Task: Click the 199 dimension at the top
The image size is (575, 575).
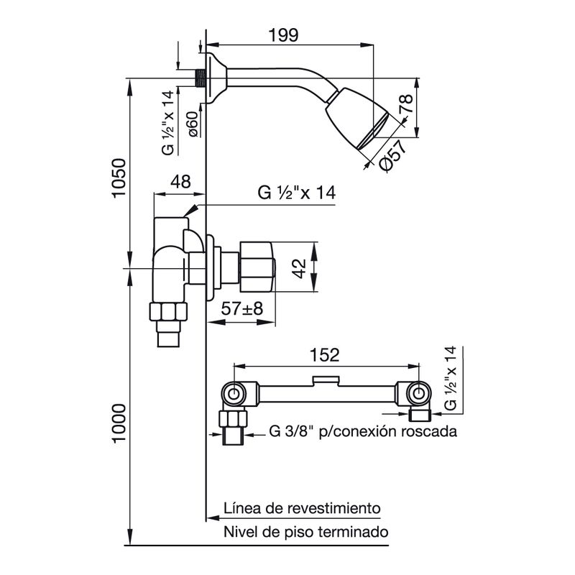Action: point(283,35)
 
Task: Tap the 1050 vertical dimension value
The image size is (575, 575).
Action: point(119,178)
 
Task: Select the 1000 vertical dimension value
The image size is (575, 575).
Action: point(119,423)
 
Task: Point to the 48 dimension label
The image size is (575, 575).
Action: point(181,182)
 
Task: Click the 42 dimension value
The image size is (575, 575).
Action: point(300,268)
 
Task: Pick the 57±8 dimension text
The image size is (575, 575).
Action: point(242,309)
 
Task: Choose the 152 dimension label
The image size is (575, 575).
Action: point(325,355)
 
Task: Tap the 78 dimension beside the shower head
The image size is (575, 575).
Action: point(406,103)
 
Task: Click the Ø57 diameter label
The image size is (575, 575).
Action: point(393,156)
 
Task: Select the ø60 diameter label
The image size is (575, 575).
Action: point(193,124)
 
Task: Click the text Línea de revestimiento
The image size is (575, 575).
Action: point(302,509)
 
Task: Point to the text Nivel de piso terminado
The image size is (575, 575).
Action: point(306,532)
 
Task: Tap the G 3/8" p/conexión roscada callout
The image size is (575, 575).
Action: point(363,432)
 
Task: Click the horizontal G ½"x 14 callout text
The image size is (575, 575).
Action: point(296,193)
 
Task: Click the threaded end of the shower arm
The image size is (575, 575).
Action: point(200,78)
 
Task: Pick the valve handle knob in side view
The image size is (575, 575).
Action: point(257,267)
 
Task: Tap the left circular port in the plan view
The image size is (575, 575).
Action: point(233,394)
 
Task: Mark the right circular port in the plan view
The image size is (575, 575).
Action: point(418,394)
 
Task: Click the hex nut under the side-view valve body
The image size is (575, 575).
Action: point(168,311)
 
